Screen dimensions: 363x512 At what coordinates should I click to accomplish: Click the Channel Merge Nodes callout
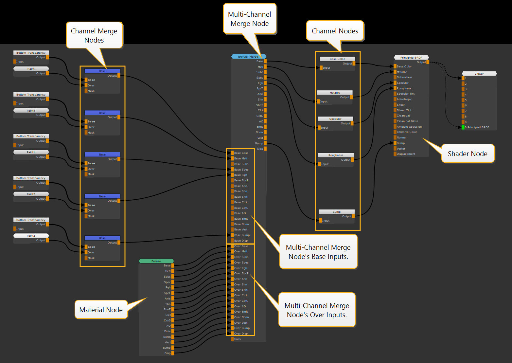[94, 35]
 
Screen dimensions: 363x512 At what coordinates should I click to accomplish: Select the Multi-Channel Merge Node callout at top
[250, 19]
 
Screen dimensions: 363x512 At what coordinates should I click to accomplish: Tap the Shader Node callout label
[467, 154]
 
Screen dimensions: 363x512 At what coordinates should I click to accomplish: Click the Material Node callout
[101, 310]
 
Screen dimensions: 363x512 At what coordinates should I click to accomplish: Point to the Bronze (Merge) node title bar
[249, 57]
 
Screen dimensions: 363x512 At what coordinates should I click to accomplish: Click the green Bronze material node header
[156, 261]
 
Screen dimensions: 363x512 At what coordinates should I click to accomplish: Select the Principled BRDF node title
[411, 58]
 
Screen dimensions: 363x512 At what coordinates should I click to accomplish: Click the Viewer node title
[479, 74]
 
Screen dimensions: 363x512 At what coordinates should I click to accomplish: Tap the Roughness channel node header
[336, 155]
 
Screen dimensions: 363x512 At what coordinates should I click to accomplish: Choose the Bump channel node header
[337, 212]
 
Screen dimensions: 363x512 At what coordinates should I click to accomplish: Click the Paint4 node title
[31, 111]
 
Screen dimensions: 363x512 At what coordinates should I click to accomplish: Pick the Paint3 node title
[31, 236]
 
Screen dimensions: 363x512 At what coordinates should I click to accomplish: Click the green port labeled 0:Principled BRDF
[463, 127]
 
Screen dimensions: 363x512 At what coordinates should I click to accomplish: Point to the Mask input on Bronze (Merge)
[237, 339]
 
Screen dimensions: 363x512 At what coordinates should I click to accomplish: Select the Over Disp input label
[241, 334]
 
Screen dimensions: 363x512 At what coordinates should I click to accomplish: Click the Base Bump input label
[242, 235]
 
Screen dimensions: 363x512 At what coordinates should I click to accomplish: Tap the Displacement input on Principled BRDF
[406, 154]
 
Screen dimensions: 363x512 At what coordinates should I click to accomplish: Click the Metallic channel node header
[335, 93]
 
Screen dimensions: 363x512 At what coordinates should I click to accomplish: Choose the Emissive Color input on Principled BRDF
[407, 132]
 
